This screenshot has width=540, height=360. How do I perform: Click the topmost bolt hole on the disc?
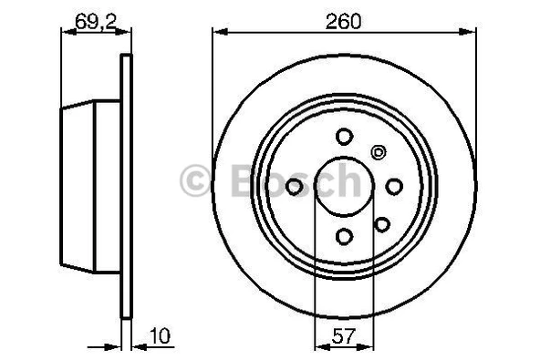tap(344, 137)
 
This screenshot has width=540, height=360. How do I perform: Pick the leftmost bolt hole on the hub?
tap(295, 187)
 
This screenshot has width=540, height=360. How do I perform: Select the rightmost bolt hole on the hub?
tap(394, 187)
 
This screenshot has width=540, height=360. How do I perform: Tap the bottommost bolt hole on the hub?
tap(344, 237)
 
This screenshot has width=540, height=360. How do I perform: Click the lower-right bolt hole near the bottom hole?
tap(382, 223)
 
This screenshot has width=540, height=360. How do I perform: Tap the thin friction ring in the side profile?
tap(127, 187)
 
